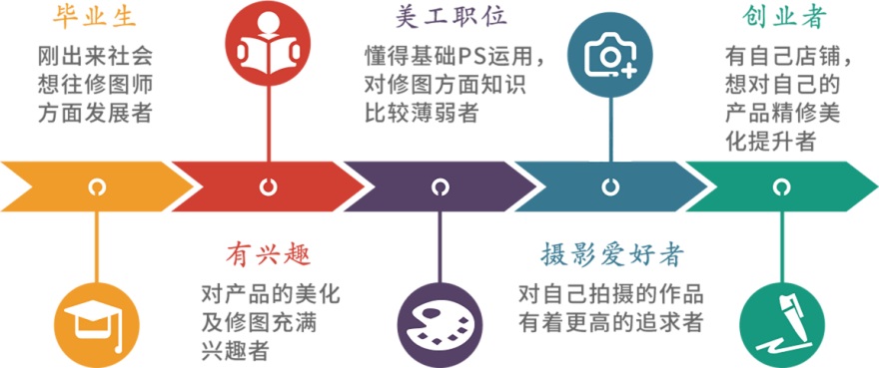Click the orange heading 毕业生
point(97,17)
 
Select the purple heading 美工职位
point(439,17)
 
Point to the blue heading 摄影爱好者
point(610,253)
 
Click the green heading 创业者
point(782,17)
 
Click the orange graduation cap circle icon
point(97,321)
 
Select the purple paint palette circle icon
point(439,321)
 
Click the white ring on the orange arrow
point(97,186)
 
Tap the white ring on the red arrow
point(268,186)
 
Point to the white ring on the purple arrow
point(439,186)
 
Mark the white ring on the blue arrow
point(610,186)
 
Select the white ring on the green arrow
point(781,186)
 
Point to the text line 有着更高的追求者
point(610,322)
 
